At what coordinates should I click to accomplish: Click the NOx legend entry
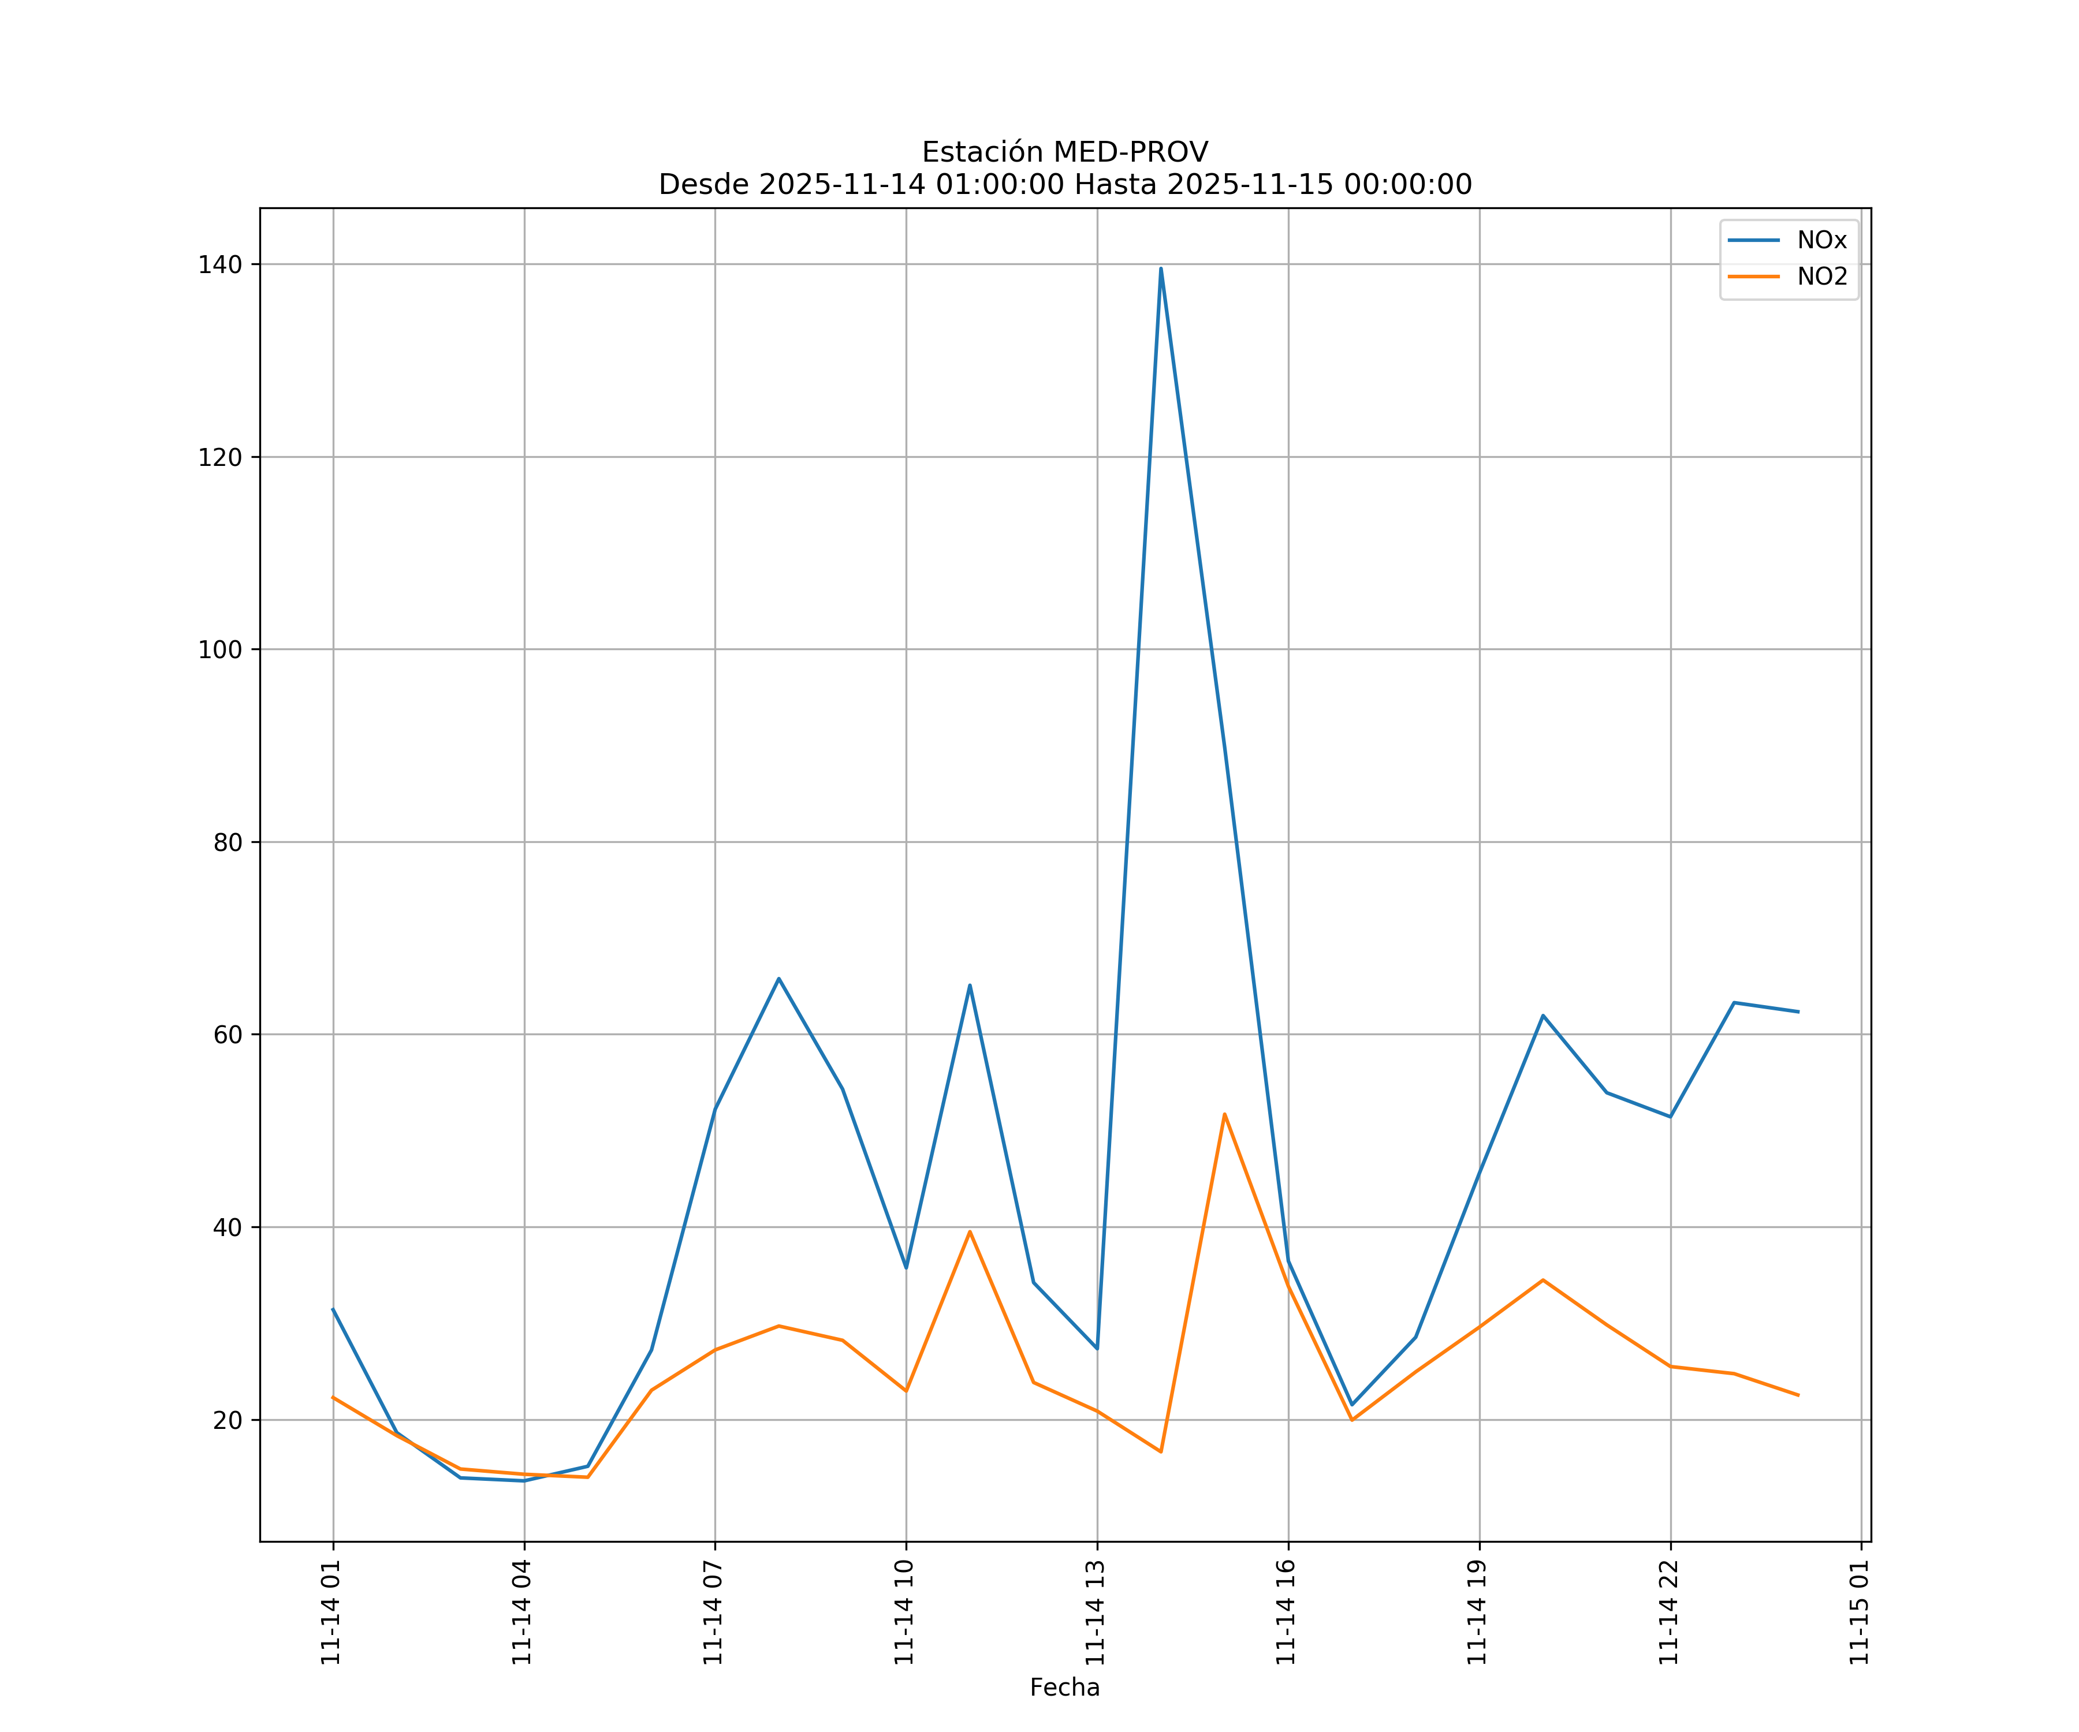(x=1821, y=241)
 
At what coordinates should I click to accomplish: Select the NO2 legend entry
(x=1821, y=277)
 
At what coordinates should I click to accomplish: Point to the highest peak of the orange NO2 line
(x=1225, y=1114)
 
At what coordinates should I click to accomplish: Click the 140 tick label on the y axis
(x=220, y=264)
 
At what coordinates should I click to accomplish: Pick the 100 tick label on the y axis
(x=220, y=650)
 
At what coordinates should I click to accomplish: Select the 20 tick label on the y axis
(x=227, y=1420)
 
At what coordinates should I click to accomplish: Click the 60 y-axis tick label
(x=227, y=1035)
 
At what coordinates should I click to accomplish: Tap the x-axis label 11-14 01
(x=331, y=1612)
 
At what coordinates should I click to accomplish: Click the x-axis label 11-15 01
(x=1858, y=1612)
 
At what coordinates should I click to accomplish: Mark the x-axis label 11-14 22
(x=1668, y=1612)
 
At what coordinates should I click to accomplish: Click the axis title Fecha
(x=1064, y=1688)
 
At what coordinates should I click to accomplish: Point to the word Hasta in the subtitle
(x=1115, y=185)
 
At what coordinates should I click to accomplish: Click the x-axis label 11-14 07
(x=713, y=1612)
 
